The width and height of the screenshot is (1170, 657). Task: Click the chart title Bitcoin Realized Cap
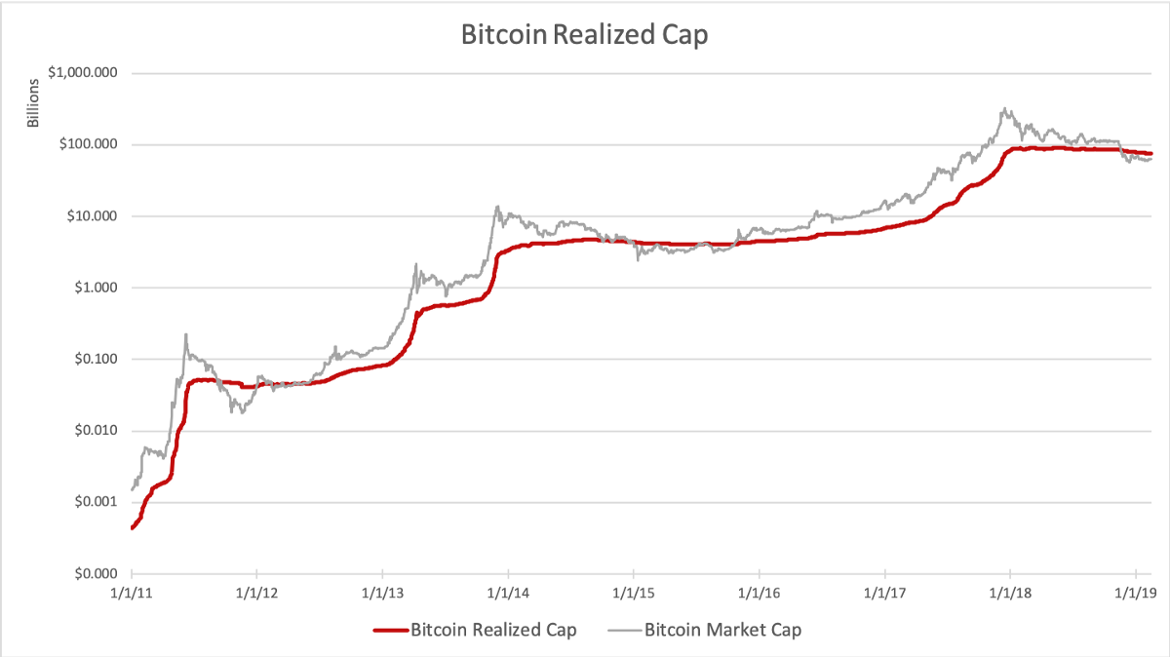[584, 35]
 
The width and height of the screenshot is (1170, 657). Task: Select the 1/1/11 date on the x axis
[131, 592]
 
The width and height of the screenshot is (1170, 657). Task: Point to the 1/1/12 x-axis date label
[256, 592]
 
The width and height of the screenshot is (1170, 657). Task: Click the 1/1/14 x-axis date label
[508, 592]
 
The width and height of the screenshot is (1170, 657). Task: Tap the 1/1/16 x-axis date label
[759, 592]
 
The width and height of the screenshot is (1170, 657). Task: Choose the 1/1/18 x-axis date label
[1010, 592]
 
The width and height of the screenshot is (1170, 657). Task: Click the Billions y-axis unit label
[33, 106]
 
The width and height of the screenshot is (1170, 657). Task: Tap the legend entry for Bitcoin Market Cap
[722, 630]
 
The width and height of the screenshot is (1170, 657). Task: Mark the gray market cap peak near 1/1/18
[1004, 109]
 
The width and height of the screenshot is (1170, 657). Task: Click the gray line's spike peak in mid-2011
[185, 334]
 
